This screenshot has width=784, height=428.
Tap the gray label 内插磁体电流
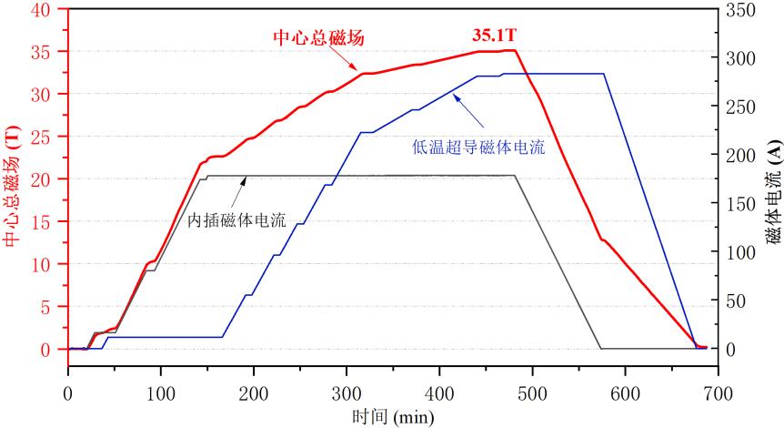coord(236,220)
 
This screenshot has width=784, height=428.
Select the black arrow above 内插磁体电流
coord(242,193)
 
